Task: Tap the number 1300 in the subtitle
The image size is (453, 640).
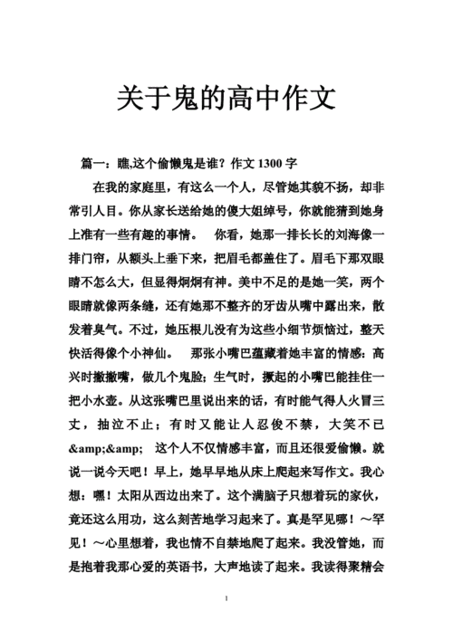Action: click(271, 164)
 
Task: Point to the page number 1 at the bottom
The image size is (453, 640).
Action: click(226, 624)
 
